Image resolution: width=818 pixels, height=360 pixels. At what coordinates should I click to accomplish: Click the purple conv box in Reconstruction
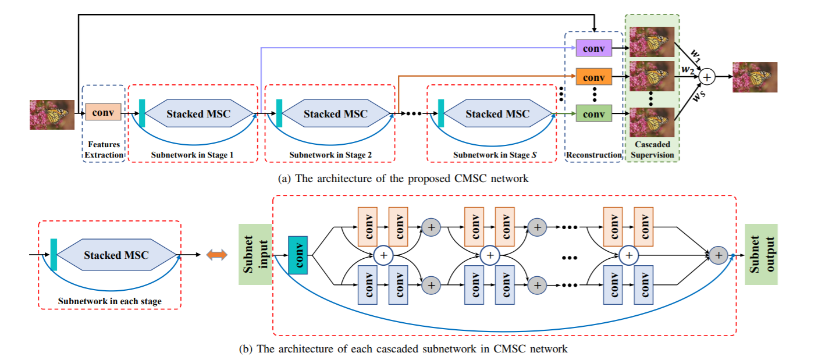594,48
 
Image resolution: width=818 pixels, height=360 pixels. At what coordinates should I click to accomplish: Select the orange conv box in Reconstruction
594,77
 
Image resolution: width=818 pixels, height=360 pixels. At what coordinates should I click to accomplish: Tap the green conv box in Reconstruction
594,114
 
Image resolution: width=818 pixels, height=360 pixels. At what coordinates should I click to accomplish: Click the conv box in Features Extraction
103,111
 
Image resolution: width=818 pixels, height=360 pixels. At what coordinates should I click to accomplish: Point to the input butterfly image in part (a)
52,115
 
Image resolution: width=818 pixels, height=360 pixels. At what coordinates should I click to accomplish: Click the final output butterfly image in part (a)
755,77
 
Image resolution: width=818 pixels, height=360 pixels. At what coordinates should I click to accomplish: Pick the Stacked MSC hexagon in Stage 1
198,114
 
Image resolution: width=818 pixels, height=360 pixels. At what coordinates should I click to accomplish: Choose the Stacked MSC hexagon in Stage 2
335,114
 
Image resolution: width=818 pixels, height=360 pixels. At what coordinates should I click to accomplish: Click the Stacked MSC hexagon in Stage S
497,114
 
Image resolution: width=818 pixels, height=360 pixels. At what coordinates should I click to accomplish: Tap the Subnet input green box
255,254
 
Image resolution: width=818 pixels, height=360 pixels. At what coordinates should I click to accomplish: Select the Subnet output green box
761,254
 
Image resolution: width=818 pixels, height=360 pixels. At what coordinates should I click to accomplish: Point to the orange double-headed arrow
216,255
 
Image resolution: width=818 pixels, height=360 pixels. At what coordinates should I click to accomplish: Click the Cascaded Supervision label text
652,149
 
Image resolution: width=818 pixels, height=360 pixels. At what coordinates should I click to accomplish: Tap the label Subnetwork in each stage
109,301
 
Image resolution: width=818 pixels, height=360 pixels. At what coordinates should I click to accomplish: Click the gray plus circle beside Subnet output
719,254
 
